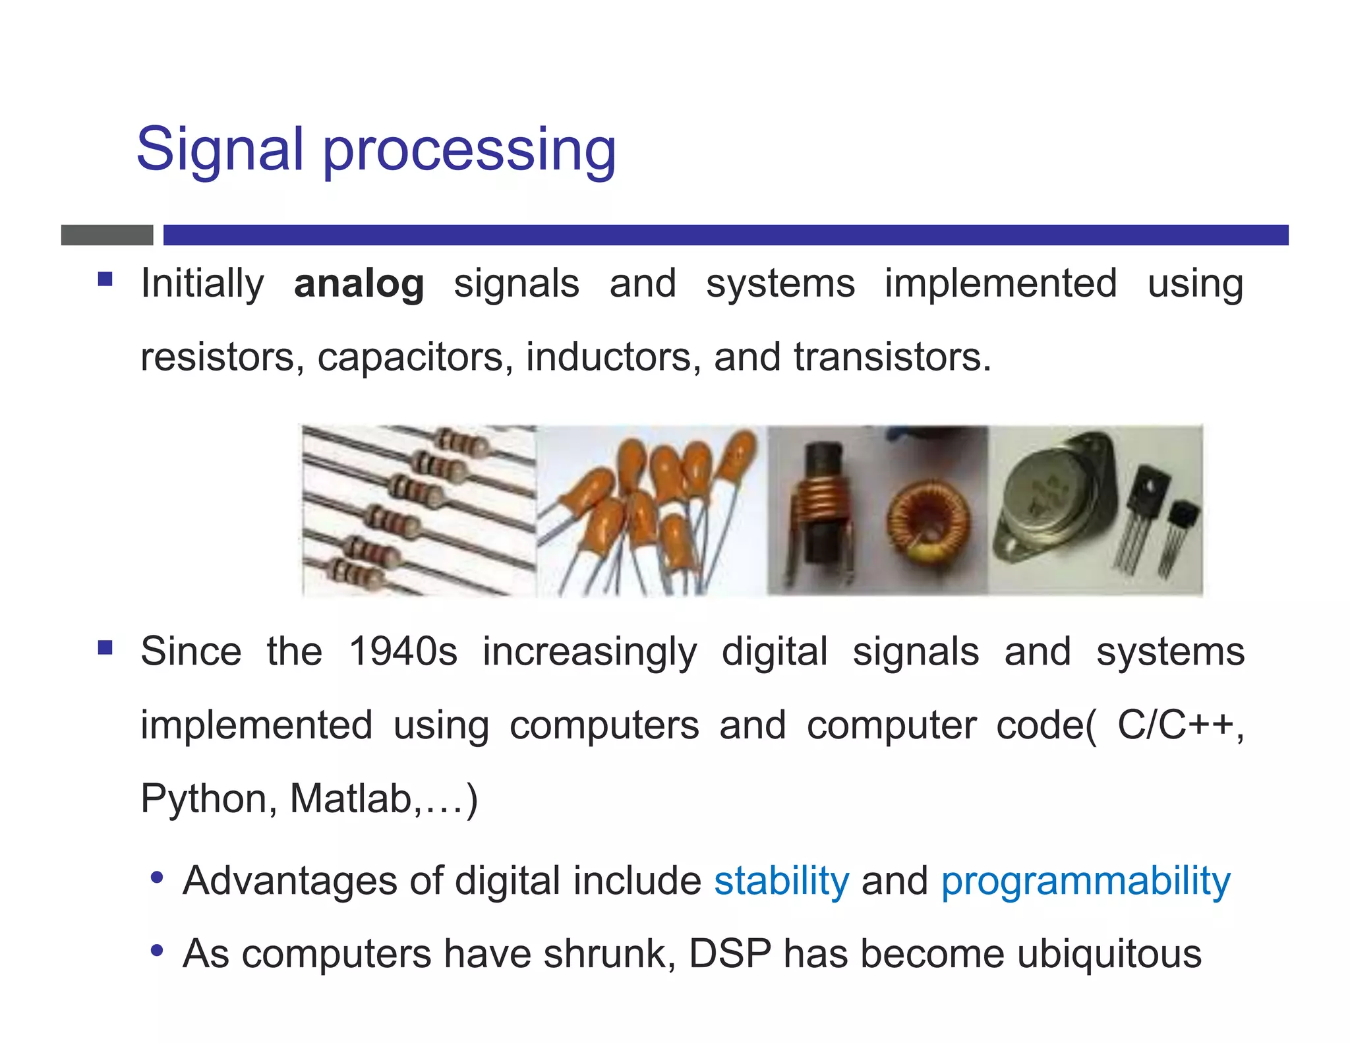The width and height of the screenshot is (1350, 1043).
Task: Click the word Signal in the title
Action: [x=219, y=150]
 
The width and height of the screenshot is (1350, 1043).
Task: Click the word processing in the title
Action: [x=469, y=152]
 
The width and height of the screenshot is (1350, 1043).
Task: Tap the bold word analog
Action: [x=359, y=284]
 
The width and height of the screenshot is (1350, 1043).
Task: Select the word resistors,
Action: [x=222, y=358]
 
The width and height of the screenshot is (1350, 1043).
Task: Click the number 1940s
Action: [x=403, y=652]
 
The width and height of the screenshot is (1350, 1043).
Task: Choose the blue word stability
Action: [x=782, y=881]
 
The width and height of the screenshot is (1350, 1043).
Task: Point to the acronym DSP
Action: [x=730, y=955]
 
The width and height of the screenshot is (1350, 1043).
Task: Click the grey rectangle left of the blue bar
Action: [x=107, y=235]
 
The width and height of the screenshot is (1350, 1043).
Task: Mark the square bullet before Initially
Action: [x=105, y=280]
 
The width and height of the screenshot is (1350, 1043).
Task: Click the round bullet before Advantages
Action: [x=156, y=878]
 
